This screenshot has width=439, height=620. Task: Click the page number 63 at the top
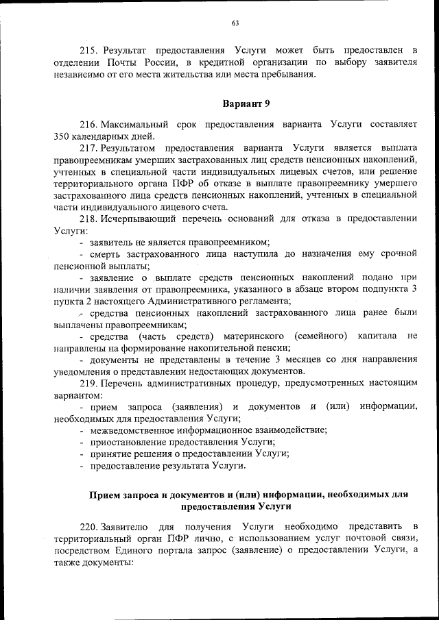click(x=235, y=24)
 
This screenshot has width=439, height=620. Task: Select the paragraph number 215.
click(x=90, y=51)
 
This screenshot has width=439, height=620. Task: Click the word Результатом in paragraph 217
click(x=128, y=147)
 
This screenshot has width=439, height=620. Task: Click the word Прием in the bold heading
click(x=104, y=495)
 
